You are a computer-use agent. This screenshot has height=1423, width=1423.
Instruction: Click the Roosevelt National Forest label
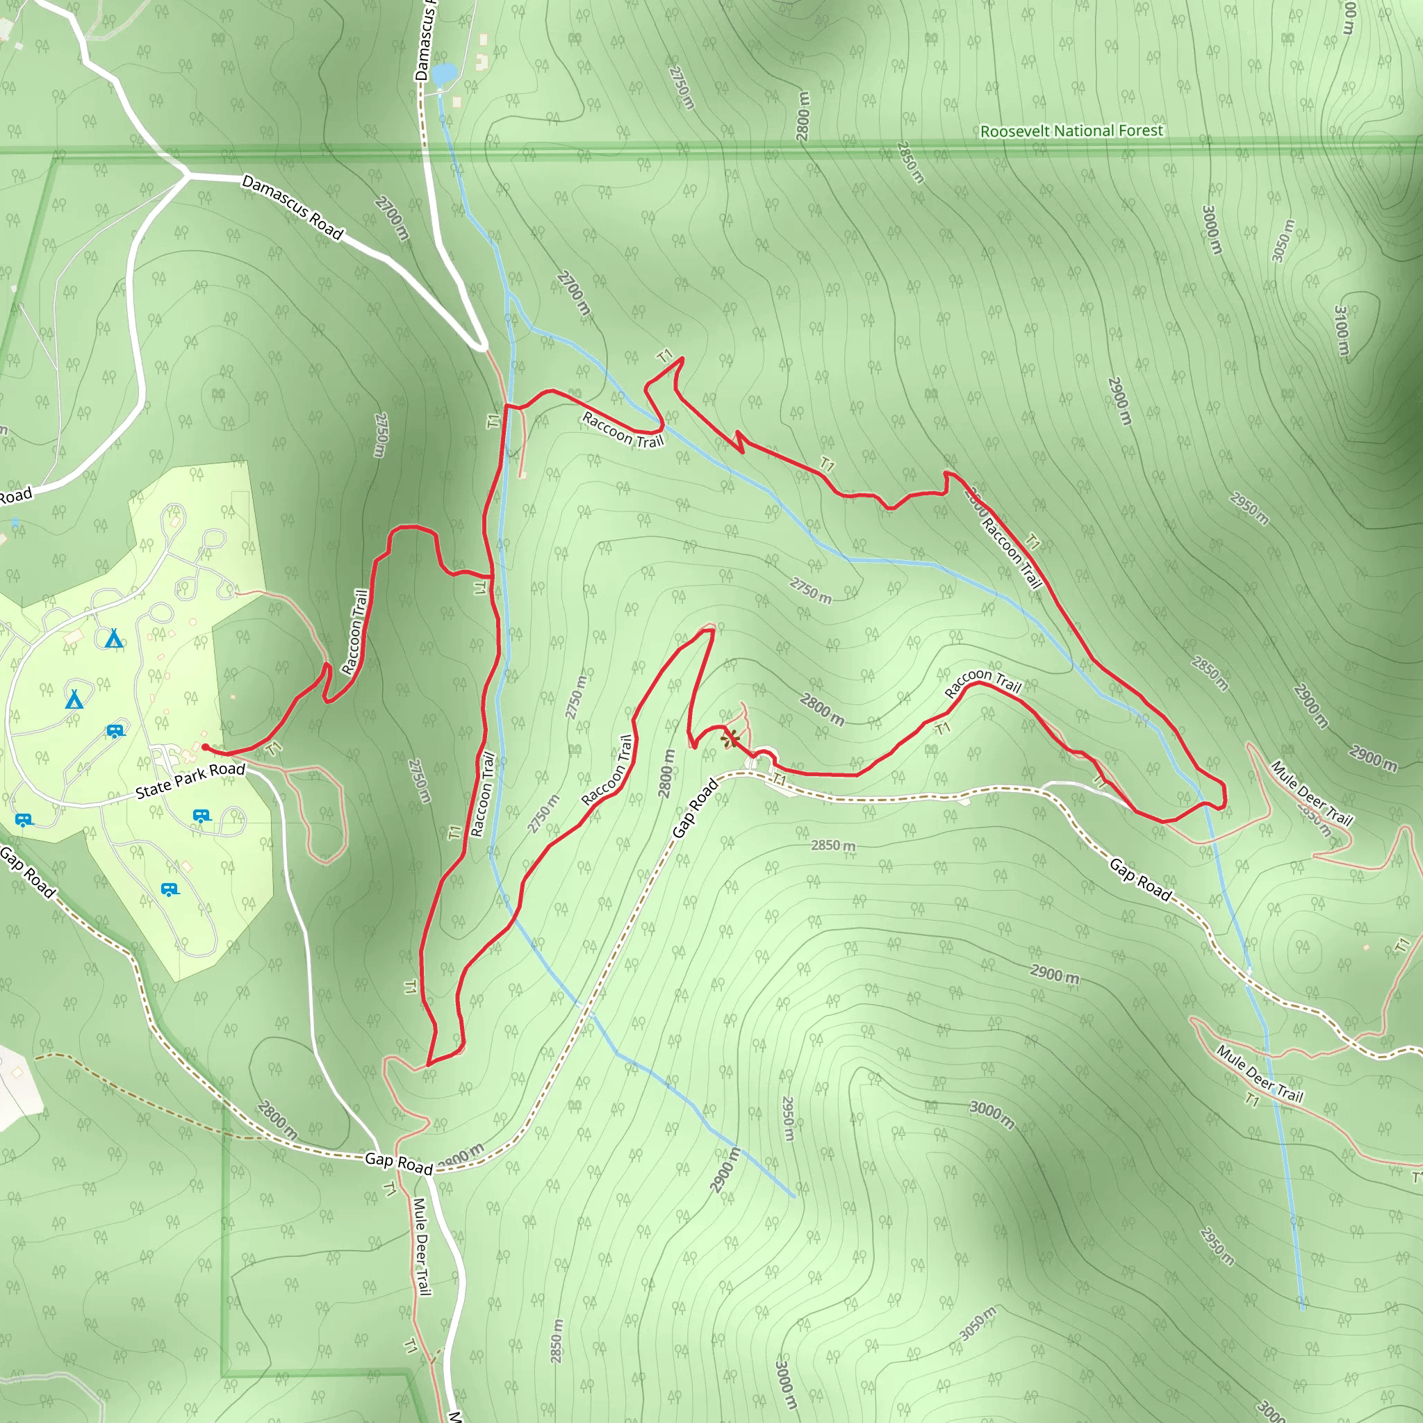(x=1071, y=131)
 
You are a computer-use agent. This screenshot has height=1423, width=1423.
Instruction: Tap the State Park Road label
(x=190, y=780)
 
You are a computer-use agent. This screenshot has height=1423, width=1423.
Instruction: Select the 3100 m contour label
(x=1342, y=330)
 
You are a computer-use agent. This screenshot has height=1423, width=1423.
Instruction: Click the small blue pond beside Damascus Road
(x=444, y=74)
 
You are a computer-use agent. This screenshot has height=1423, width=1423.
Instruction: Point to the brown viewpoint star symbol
(x=730, y=739)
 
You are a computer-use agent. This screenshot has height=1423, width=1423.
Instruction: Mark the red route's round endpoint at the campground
(x=205, y=748)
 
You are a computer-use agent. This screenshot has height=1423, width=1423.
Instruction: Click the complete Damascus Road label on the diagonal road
(x=293, y=208)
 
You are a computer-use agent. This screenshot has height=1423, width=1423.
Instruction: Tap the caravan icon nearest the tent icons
(x=115, y=732)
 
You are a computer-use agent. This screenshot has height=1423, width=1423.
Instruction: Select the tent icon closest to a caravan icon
(x=74, y=699)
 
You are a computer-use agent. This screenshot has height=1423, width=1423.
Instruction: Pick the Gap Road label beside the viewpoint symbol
(x=695, y=808)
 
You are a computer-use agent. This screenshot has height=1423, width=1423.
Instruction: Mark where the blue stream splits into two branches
(x=508, y=295)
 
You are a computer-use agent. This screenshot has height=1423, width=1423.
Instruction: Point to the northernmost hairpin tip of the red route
(x=682, y=359)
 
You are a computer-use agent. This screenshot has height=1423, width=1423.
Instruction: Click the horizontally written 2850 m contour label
(x=833, y=845)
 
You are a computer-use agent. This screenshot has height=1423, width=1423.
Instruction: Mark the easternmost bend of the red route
(x=1224, y=796)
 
